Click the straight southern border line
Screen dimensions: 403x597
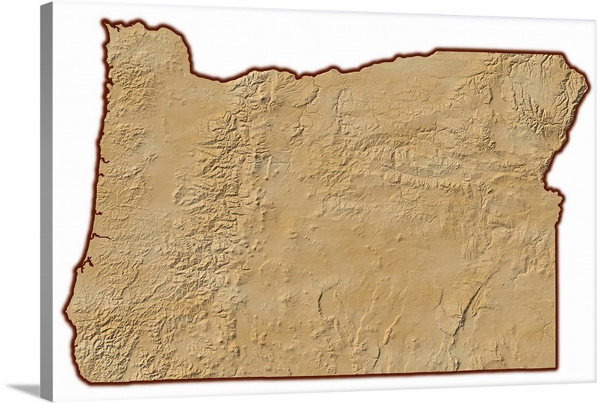[x=313, y=378]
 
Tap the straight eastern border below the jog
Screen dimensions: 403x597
[x=557, y=284]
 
